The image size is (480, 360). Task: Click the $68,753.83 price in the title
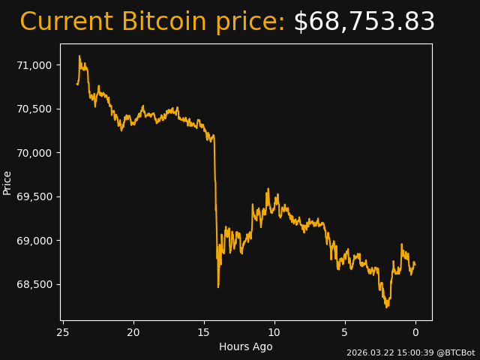pyautogui.click(x=364, y=22)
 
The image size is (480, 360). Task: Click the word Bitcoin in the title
pyautogui.click(x=163, y=22)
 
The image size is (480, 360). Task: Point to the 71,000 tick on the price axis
pyautogui.click(x=34, y=65)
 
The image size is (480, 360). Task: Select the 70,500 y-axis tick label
pyautogui.click(x=34, y=109)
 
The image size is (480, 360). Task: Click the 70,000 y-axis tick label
pyautogui.click(x=34, y=153)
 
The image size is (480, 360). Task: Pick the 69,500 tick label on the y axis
pyautogui.click(x=34, y=196)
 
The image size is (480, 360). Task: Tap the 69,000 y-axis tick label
pyautogui.click(x=34, y=241)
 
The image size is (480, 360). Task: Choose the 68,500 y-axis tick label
pyautogui.click(x=34, y=284)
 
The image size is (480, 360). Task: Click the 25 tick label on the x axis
pyautogui.click(x=63, y=332)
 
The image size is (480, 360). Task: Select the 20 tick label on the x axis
pyautogui.click(x=133, y=332)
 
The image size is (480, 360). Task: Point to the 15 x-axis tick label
pyautogui.click(x=204, y=332)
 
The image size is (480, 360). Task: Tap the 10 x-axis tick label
pyautogui.click(x=274, y=332)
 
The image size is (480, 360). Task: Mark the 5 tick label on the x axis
pyautogui.click(x=345, y=332)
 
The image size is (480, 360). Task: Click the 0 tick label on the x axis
pyautogui.click(x=415, y=332)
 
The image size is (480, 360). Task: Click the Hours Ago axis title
pyautogui.click(x=246, y=346)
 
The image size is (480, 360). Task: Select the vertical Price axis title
pyautogui.click(x=7, y=182)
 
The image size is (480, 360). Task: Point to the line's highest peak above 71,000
pyautogui.click(x=79, y=56)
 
